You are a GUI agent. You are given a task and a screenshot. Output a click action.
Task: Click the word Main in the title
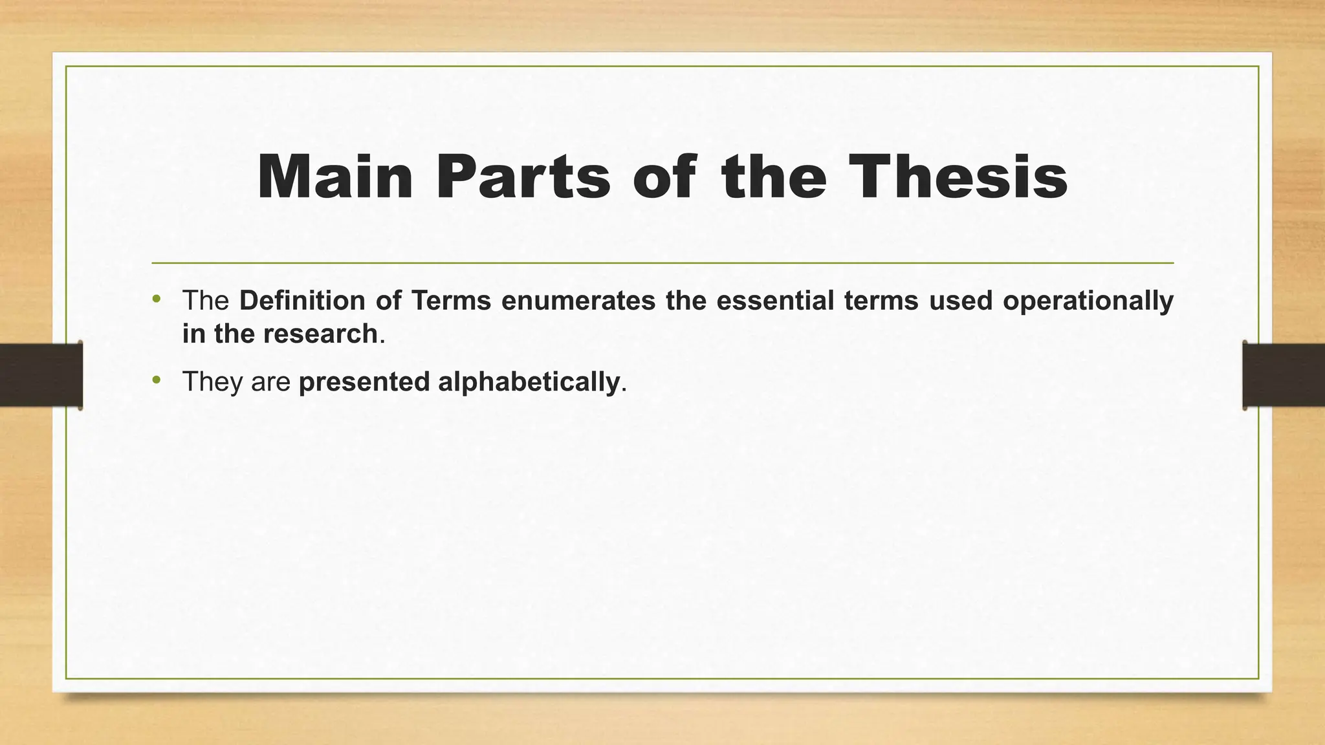coord(334,177)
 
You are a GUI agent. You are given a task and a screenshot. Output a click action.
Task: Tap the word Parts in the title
coord(523,177)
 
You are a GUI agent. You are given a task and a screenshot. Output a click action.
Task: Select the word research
coord(320,334)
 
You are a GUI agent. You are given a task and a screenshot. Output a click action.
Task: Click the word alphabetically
coord(529,382)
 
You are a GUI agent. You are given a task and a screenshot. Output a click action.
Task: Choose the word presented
coord(364,382)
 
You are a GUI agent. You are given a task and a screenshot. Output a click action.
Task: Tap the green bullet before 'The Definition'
coord(156,299)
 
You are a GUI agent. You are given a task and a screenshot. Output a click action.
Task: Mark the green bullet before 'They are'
coord(156,380)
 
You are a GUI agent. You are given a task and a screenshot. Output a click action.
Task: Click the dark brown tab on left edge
coord(41,375)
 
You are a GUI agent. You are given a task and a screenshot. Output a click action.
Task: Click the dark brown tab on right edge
coord(1284,375)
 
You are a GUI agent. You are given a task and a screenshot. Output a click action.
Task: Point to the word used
coord(960,301)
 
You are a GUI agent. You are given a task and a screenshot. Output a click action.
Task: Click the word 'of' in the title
coord(664,177)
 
